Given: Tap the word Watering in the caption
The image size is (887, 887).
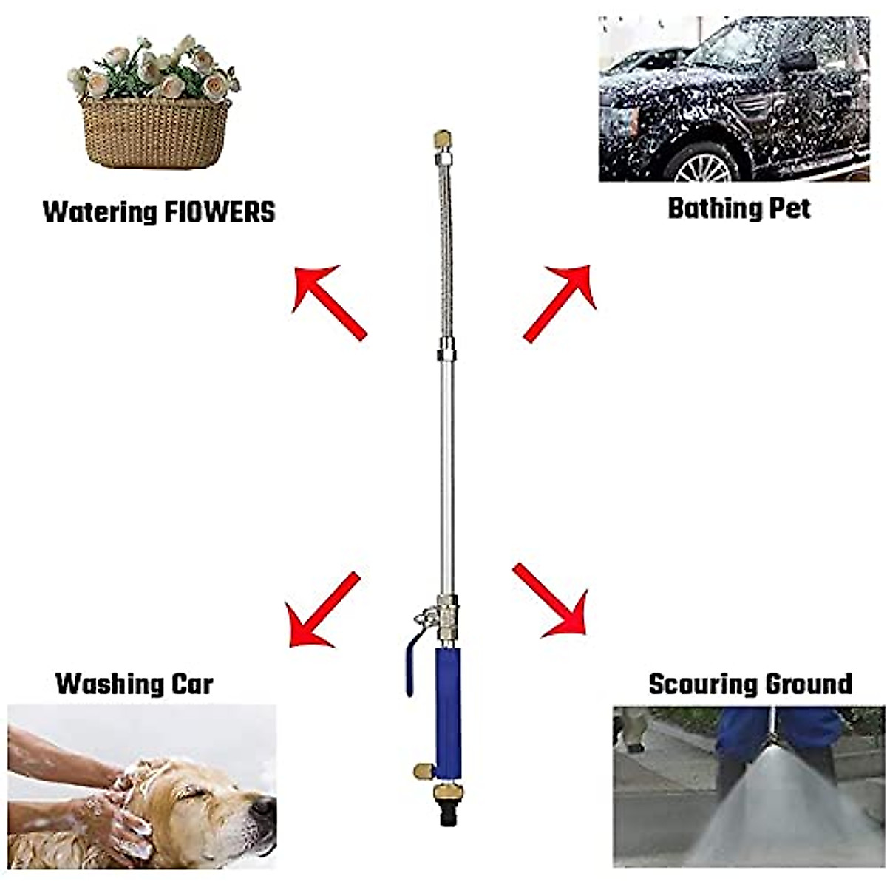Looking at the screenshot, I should click(100, 212).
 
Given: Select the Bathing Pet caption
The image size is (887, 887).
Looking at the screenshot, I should click(738, 208).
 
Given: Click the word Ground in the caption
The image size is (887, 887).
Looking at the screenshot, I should click(809, 684).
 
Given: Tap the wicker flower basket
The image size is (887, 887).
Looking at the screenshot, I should click(155, 131).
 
